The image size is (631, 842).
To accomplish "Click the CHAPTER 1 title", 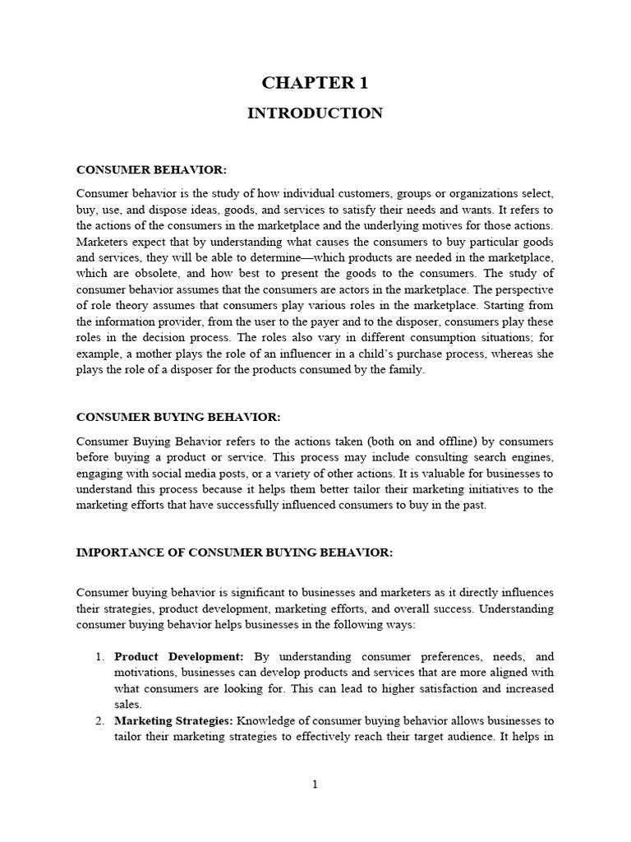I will pyautogui.click(x=315, y=82).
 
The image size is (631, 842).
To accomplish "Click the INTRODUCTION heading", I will pyautogui.click(x=315, y=113).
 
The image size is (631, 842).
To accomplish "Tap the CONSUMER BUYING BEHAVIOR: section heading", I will pyautogui.click(x=178, y=418).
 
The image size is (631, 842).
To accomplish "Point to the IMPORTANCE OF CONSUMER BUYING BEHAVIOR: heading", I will pyautogui.click(x=235, y=552).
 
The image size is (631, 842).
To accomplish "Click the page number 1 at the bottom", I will pyautogui.click(x=315, y=784).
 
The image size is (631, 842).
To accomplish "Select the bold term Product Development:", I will pyautogui.click(x=179, y=657).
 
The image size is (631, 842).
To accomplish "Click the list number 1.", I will pyautogui.click(x=98, y=657).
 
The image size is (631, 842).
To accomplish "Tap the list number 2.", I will pyautogui.click(x=98, y=721).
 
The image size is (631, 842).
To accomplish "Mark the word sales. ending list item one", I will pyautogui.click(x=128, y=705).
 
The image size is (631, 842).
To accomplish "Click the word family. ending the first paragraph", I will pyautogui.click(x=403, y=369).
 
